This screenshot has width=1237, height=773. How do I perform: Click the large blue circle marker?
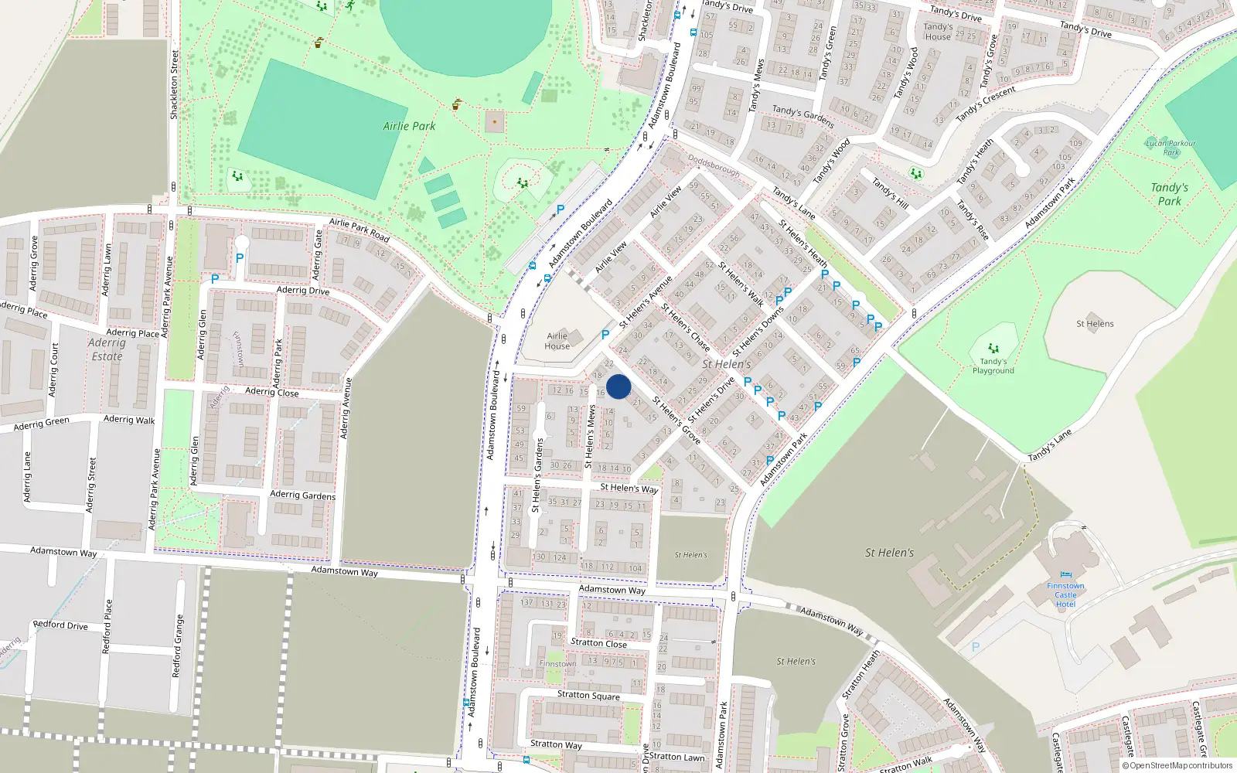618,386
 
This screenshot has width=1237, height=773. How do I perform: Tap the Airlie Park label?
409,126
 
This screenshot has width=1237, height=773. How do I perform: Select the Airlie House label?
557,341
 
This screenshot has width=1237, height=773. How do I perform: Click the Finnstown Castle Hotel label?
1065,595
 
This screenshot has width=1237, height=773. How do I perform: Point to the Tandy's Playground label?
993,366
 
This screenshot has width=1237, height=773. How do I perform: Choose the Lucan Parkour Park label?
1171,147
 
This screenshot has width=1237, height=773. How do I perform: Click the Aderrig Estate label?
107,349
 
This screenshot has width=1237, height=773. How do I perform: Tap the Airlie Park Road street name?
359,229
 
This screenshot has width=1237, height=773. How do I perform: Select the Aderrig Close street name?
271,392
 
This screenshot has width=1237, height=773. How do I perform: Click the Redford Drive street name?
60,625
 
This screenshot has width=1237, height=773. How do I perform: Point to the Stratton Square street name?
588,695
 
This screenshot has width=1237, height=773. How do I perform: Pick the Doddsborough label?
714,168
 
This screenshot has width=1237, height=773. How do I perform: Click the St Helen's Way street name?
629,489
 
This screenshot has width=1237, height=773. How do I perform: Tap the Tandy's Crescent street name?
986,104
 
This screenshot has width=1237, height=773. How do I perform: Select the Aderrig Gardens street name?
302,495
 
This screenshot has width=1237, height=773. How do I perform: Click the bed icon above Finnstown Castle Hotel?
1066,575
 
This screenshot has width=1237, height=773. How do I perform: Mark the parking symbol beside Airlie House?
605,335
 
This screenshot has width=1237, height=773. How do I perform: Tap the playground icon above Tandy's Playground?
993,349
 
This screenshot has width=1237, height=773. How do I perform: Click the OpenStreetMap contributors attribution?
1177,765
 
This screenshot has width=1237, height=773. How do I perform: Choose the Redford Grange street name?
178,645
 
